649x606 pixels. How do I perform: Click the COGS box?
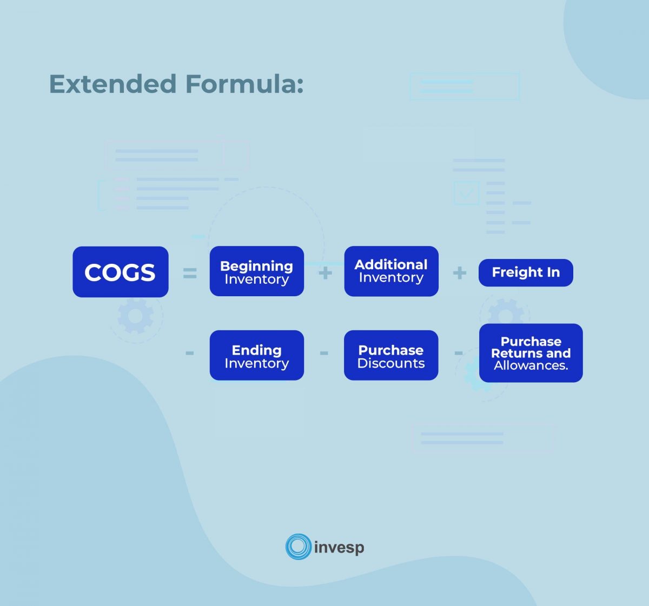tap(120, 272)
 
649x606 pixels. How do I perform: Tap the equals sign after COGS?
tap(190, 274)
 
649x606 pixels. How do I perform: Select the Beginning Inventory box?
tap(256, 271)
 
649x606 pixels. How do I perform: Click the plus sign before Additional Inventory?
tap(325, 273)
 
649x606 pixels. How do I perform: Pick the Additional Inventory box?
tap(391, 271)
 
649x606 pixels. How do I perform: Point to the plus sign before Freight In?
tap(460, 273)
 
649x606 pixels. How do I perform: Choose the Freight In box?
tap(526, 272)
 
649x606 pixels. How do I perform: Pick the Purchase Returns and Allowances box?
tap(531, 353)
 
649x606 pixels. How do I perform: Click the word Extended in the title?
tap(112, 84)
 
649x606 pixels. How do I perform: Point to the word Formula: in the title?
tap(244, 84)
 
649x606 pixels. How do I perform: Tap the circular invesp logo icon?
tap(298, 547)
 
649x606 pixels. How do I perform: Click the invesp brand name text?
tap(339, 548)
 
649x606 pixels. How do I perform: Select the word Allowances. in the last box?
tap(531, 366)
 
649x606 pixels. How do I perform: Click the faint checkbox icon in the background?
tap(466, 192)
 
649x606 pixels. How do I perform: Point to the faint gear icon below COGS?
tap(135, 316)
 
